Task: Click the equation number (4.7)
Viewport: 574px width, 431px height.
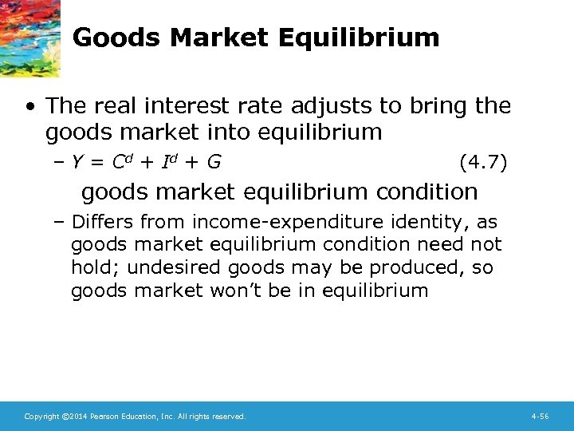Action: click(483, 163)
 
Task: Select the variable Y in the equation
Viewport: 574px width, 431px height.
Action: click(77, 164)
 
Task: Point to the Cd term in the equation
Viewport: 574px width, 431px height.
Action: click(120, 163)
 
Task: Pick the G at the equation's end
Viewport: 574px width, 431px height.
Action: click(214, 164)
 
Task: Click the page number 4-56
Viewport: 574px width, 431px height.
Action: click(540, 417)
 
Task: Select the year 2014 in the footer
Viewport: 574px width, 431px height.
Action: click(70, 417)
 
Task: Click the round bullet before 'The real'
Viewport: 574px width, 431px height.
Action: click(29, 106)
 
